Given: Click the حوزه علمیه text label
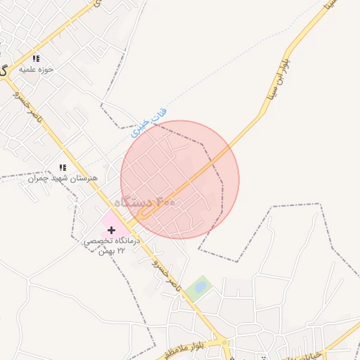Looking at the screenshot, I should pyautogui.click(x=38, y=70).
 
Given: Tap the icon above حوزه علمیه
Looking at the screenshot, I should pyautogui.click(x=36, y=59).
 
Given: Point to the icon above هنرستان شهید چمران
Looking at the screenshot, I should pyautogui.click(x=62, y=167).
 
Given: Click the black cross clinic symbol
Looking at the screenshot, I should pyautogui.click(x=112, y=230).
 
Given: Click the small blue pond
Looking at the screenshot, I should pyautogui.click(x=200, y=287).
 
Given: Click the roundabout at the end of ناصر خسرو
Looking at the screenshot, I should pyautogui.click(x=224, y=345).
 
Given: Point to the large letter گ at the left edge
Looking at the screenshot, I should pyautogui.click(x=4, y=70).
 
